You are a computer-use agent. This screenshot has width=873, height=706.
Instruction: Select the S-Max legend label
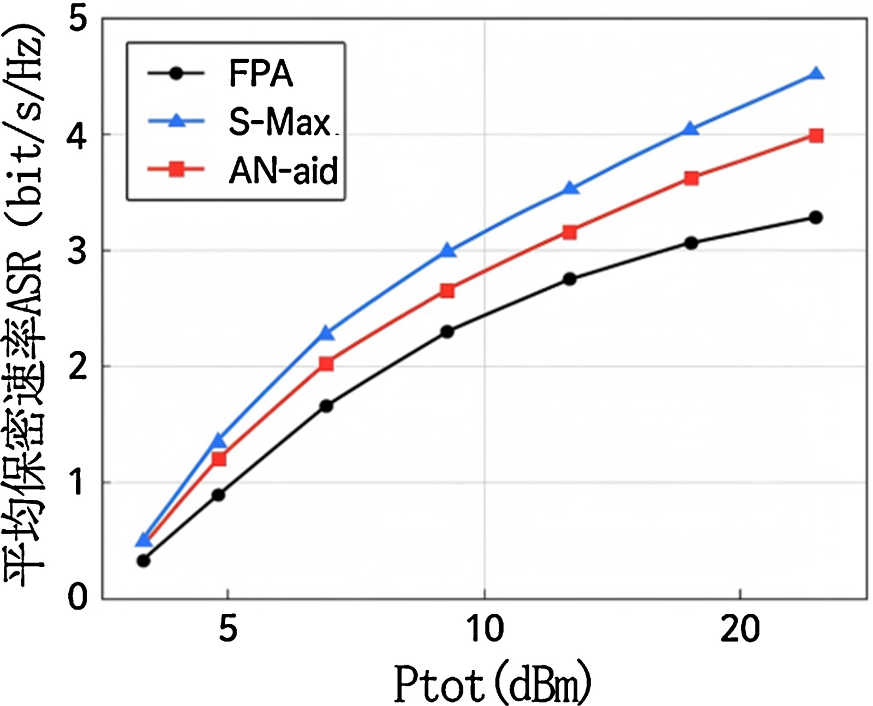pos(279,122)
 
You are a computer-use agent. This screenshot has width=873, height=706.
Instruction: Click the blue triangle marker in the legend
pos(176,121)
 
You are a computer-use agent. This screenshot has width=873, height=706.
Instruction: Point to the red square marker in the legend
pos(176,170)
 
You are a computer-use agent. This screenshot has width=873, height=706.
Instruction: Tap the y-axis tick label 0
pos(78,597)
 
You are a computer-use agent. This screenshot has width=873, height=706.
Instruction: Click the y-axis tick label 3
pos(78,251)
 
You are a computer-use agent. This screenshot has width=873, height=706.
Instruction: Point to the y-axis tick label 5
pos(78,20)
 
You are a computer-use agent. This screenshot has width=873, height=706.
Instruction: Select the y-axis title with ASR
pos(25,306)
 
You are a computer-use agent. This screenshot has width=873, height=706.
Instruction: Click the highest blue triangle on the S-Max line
pos(816,74)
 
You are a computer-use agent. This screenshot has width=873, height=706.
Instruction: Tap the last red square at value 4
pos(816,135)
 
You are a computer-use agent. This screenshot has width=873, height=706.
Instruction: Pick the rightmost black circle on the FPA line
pos(816,218)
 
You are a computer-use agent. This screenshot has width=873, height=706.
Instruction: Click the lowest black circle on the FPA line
pos(143,560)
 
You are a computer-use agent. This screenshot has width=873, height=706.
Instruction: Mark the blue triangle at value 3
pos(448,251)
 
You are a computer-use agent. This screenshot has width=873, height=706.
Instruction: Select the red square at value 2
pos(326,363)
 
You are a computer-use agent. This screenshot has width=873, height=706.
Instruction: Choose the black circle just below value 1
pos(218,495)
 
